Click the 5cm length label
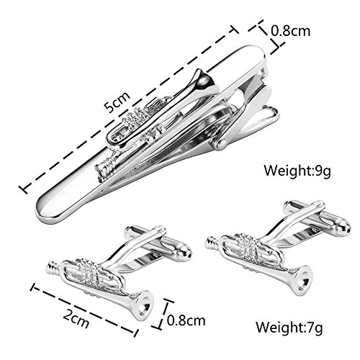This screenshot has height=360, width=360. pos(117,102)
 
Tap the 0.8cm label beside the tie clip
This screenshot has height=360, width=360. pos(290,31)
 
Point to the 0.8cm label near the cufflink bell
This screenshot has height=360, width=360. pos(186,320)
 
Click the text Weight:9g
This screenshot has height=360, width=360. pos(297,171)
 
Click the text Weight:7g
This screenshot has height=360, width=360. pos(289,327)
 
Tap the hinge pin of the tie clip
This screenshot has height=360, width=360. pos(221,145)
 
